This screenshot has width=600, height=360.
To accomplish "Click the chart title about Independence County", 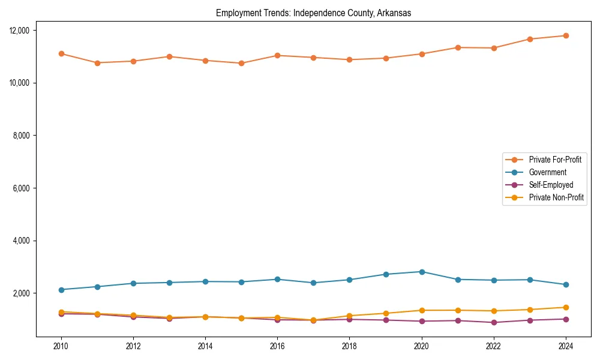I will (x=313, y=13).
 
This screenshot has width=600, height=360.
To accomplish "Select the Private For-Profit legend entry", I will (x=555, y=160).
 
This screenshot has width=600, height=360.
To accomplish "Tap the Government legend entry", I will (x=547, y=172).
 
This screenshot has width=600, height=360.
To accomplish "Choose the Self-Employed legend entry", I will (x=551, y=185).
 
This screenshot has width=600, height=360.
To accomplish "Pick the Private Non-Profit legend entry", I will (x=556, y=197).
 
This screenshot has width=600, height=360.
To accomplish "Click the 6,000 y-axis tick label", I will (x=23, y=188).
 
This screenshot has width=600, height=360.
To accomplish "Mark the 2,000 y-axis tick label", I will (x=23, y=293).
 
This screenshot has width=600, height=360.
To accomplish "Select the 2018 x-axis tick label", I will (x=349, y=346).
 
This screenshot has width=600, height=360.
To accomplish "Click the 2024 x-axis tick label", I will (x=566, y=346).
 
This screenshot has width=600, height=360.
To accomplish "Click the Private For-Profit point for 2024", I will (x=566, y=35).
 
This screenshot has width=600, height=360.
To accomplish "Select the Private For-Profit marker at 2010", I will (x=61, y=53).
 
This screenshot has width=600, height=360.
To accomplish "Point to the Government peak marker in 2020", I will (x=422, y=272).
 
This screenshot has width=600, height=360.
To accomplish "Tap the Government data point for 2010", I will (x=61, y=290).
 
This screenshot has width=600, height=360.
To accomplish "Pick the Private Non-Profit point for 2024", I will (x=566, y=307).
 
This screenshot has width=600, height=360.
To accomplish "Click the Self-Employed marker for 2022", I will (x=494, y=322).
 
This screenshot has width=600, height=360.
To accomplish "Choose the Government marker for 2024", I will (x=566, y=284).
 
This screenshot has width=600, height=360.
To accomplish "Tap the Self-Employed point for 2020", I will (x=422, y=321).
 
